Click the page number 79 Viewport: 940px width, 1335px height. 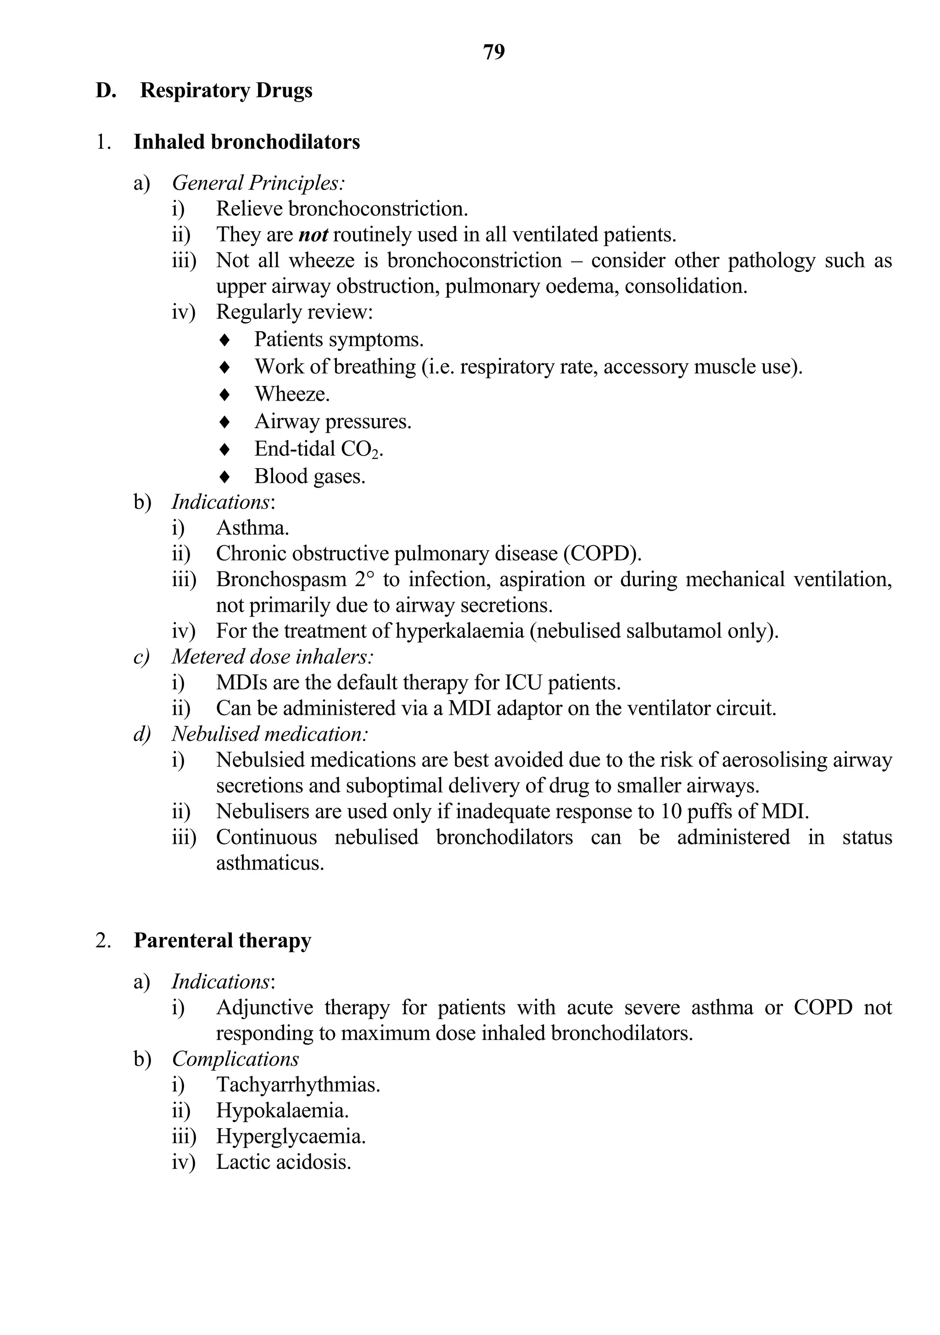coord(494,52)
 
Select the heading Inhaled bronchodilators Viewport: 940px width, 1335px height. coord(246,142)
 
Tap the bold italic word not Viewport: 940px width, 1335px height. coord(313,234)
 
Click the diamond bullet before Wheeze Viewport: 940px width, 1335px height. coord(225,395)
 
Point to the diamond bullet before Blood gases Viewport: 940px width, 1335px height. coord(225,477)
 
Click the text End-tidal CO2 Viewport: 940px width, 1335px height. coord(319,449)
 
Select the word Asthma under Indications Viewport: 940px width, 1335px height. coord(252,528)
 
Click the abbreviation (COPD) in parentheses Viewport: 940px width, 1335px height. coord(602,554)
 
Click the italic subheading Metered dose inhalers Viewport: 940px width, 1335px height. coord(272,656)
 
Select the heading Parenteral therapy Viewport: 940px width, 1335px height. coord(222,941)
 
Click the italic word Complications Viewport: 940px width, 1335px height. coord(235,1059)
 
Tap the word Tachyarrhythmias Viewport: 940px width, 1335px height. coord(298,1085)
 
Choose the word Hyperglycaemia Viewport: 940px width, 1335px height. coord(291,1136)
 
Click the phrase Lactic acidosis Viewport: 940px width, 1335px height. coord(284,1162)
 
